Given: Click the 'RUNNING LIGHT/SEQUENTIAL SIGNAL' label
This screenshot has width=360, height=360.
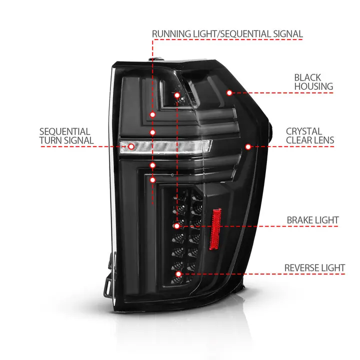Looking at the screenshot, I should [227, 34].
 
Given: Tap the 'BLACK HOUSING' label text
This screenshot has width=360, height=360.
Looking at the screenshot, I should [313, 82].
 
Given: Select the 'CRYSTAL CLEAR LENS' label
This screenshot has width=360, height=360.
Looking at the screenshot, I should [310, 136].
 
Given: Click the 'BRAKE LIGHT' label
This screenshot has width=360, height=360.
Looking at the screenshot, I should [312, 220].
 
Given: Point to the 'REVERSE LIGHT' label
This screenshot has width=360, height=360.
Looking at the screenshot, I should [314, 268].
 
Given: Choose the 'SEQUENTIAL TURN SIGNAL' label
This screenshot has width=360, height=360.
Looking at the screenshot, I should [66, 136].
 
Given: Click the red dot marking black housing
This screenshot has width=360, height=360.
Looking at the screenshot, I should [229, 92].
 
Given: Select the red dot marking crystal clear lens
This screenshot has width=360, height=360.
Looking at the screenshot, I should [248, 146].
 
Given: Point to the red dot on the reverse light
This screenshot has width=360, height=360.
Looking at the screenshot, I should [178, 273].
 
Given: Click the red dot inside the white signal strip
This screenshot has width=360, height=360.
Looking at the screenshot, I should [131, 146].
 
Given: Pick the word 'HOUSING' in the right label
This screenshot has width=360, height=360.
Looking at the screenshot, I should [313, 86].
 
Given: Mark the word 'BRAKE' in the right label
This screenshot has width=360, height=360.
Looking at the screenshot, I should [300, 220].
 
